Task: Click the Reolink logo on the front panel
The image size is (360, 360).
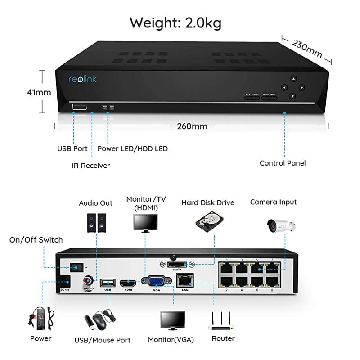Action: click(x=82, y=79)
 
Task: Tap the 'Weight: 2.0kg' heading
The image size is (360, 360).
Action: click(x=175, y=22)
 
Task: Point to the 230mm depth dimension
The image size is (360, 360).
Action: click(x=307, y=48)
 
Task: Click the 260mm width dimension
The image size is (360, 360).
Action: click(x=193, y=126)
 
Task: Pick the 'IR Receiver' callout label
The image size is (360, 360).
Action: click(x=91, y=165)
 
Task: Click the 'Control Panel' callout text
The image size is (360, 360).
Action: click(x=283, y=163)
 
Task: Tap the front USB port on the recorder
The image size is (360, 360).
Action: click(x=79, y=107)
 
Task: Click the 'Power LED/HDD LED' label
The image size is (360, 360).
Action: click(x=133, y=148)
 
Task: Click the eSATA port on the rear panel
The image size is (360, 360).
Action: click(x=176, y=265)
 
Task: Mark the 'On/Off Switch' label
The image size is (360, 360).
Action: click(x=36, y=240)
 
